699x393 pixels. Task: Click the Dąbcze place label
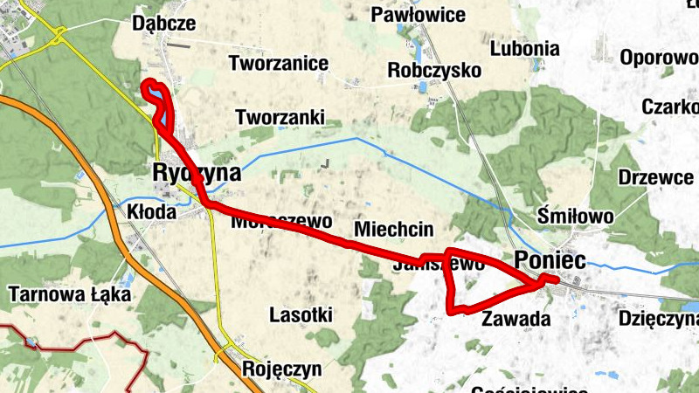(x=163, y=24)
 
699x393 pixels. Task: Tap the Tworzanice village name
(x=279, y=63)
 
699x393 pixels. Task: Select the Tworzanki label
(x=280, y=116)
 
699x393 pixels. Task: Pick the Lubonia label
(x=524, y=48)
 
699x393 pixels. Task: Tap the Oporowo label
(x=659, y=58)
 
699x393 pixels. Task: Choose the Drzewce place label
(x=655, y=176)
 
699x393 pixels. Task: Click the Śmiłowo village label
(x=576, y=215)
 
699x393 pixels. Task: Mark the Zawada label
(x=516, y=319)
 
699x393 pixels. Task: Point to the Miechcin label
(x=394, y=230)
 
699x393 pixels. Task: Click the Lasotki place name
(x=301, y=314)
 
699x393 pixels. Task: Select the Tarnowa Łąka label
(x=68, y=294)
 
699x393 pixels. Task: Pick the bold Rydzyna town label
(x=196, y=173)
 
